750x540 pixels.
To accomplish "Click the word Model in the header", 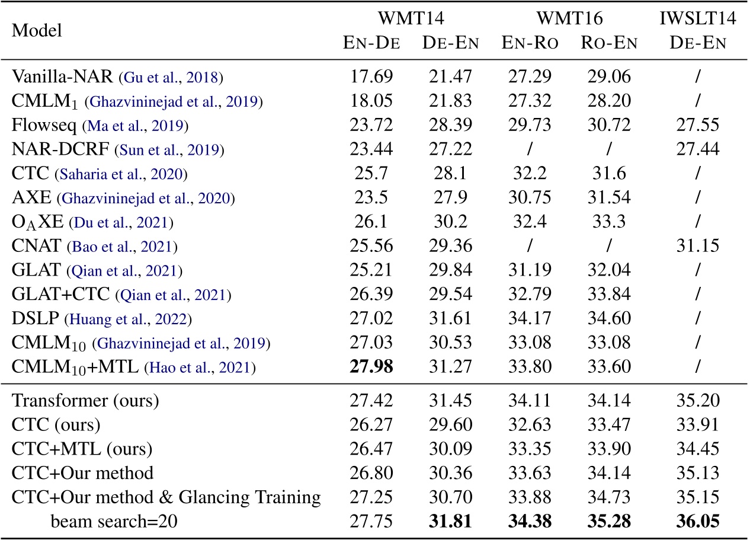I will [37, 31].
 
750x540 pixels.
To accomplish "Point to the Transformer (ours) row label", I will [85, 400].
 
